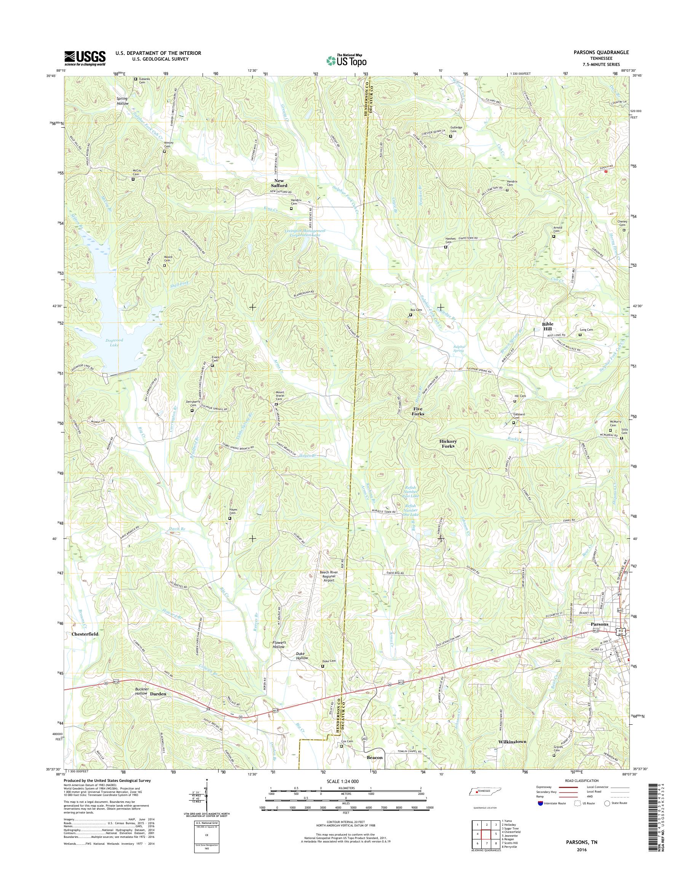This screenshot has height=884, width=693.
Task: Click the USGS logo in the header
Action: pos(85,58)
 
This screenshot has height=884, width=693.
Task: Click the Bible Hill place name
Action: pos(548,327)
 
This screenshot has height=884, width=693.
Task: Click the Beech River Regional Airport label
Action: pos(328,576)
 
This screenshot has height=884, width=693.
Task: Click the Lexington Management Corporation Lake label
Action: pos(305,233)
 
